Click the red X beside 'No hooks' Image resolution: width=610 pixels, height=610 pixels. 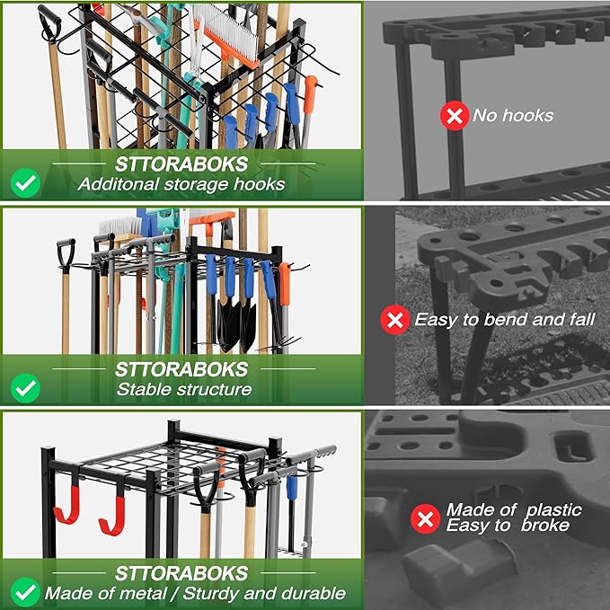454,115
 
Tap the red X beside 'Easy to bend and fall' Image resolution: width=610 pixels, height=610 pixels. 394,319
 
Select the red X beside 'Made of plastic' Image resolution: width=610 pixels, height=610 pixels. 424,518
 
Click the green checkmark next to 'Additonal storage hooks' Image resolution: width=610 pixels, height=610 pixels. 25,183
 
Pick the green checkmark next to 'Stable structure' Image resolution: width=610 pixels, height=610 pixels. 27,388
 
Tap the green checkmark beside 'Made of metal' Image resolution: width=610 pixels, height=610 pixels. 25,592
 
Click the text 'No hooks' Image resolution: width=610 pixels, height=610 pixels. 513,115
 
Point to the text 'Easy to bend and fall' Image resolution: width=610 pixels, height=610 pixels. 504,319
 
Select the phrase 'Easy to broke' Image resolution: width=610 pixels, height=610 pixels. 508,526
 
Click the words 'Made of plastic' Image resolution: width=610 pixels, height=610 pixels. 514,509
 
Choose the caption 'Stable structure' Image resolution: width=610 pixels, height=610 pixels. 184,390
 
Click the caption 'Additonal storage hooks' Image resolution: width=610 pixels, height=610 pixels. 181,184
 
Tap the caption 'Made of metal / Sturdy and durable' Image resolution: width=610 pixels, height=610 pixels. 195,593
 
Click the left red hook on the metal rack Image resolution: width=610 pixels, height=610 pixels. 66,508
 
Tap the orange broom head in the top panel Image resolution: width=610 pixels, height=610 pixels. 229,41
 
